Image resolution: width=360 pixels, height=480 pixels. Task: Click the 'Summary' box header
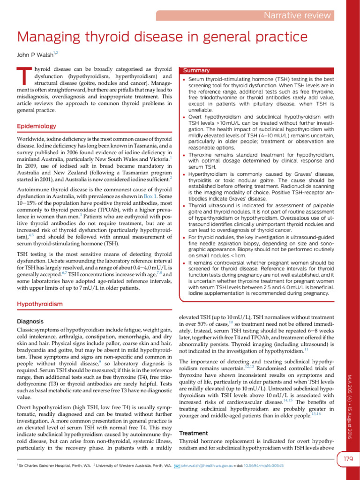click(197, 70)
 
